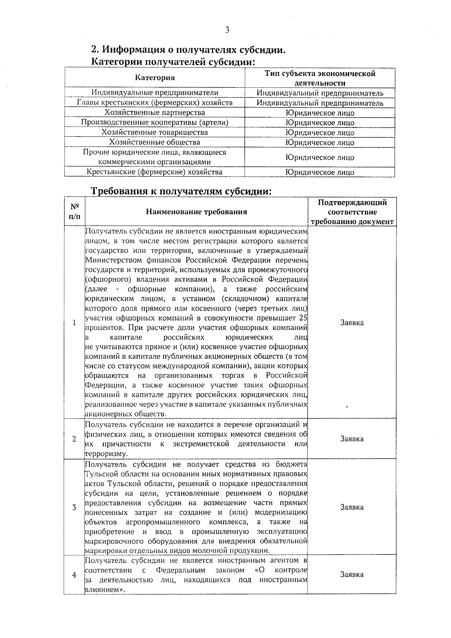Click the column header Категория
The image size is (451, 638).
tap(155, 78)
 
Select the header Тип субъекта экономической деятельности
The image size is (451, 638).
tap(320, 78)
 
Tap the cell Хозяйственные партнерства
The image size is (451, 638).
tap(155, 112)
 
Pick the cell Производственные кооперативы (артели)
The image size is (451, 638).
tap(155, 122)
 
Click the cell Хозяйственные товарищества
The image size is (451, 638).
tap(155, 132)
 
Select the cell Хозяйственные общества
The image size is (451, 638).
tap(155, 142)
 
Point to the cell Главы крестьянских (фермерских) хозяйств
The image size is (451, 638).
tap(155, 103)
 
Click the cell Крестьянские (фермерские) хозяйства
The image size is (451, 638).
tap(155, 172)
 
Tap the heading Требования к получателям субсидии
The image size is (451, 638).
tap(182, 191)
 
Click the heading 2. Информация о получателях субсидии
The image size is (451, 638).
tap(188, 50)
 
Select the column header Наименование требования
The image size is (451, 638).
tap(197, 212)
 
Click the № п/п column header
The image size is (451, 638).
tap(74, 212)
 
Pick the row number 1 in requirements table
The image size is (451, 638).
tap(74, 323)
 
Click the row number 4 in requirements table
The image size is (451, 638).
tap(74, 575)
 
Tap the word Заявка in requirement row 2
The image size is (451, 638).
tap(352, 439)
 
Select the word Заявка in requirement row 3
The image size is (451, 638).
tap(352, 507)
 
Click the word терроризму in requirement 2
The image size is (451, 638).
tap(101, 454)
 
